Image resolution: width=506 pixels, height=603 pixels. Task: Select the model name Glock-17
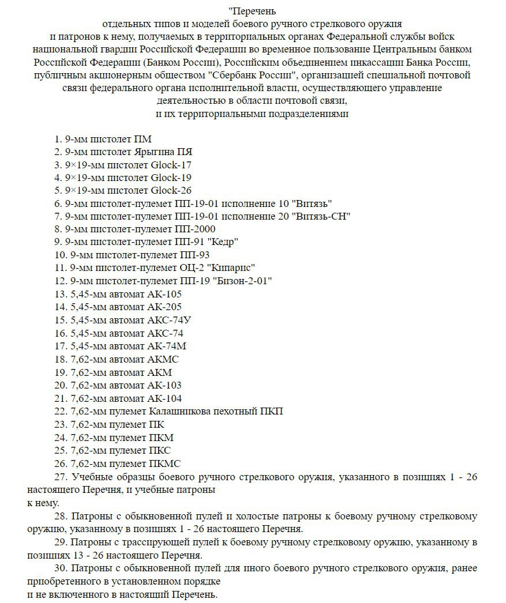pos(171,165)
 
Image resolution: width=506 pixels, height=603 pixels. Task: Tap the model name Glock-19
pos(171,178)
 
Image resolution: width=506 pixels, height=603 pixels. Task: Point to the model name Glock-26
pos(171,190)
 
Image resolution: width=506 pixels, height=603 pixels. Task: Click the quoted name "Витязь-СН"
pos(322,216)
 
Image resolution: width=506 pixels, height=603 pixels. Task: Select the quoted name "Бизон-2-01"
pos(242,281)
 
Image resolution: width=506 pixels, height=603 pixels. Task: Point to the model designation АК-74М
pos(167,346)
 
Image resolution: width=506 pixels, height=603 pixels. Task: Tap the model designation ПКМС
pos(164,463)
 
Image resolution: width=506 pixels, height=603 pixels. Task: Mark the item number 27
pos(60,477)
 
